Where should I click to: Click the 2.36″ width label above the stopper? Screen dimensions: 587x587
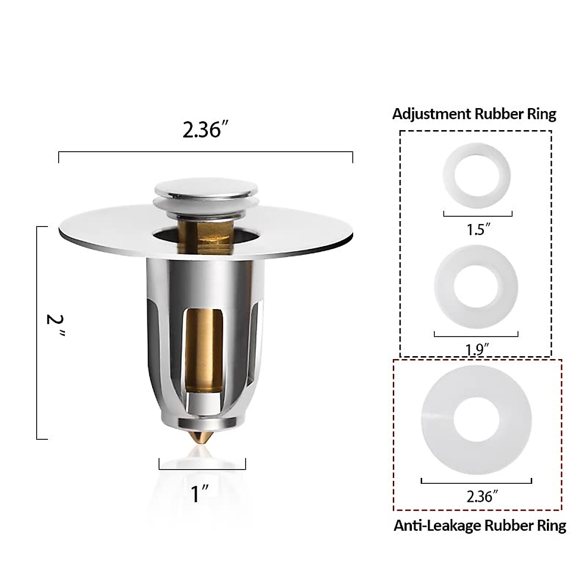tap(205, 130)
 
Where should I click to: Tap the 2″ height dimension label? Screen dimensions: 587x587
tap(55, 326)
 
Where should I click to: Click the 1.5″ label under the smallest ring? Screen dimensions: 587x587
tap(478, 229)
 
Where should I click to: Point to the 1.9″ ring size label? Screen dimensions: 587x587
tap(477, 349)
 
